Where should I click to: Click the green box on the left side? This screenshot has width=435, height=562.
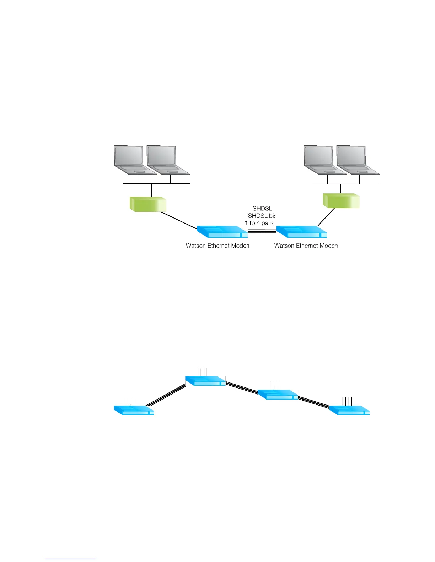click(x=148, y=204)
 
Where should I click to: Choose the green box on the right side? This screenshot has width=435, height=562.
click(x=341, y=201)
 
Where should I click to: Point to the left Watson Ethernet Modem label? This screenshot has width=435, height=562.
click(x=217, y=246)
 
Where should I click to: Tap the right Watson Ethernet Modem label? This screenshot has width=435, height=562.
click(x=306, y=246)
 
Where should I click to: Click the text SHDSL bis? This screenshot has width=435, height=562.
click(x=262, y=216)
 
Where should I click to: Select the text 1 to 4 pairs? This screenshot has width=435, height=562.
click(x=259, y=223)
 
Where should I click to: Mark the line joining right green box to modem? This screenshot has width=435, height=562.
click(x=326, y=217)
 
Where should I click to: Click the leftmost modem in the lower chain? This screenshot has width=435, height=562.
click(x=134, y=411)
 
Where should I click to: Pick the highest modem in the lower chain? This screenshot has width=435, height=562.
click(x=205, y=381)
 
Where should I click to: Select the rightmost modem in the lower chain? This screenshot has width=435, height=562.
click(x=349, y=411)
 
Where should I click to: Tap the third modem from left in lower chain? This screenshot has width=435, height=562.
click(x=278, y=395)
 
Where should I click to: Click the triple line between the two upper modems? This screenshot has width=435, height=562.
click(x=262, y=231)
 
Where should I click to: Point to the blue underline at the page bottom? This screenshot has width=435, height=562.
click(x=70, y=559)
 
